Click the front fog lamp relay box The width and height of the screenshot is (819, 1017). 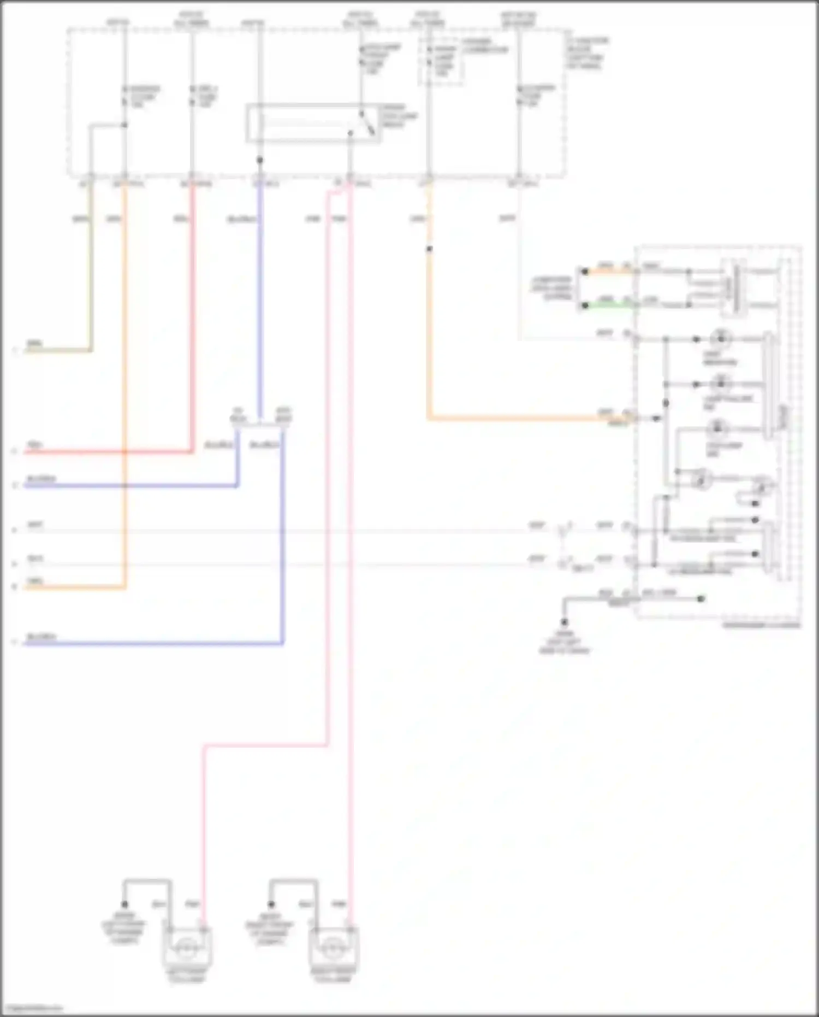coord(313,124)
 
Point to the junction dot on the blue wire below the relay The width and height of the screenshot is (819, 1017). coord(260,160)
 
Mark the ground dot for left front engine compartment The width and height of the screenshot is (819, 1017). coord(124,904)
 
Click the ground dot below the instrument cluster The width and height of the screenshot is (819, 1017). coord(564,622)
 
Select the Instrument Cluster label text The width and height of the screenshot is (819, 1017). coord(761,625)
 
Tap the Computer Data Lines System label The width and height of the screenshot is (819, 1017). coord(552,288)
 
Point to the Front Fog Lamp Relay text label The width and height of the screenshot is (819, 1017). coord(399,116)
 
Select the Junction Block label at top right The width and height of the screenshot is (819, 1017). coord(587,53)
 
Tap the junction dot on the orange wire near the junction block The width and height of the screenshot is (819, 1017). coord(429,249)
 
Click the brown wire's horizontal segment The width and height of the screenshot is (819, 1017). coord(57,350)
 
